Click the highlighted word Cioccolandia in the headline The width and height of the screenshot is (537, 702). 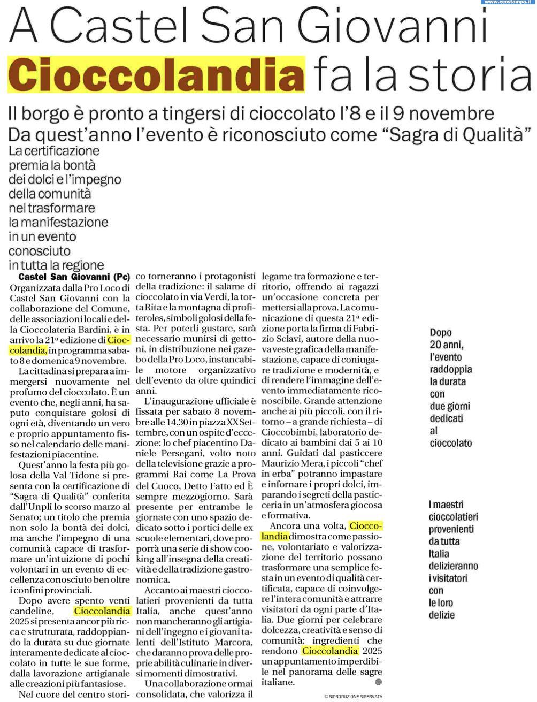[x=156, y=74]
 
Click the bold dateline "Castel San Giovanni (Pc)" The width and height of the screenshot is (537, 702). [x=74, y=277]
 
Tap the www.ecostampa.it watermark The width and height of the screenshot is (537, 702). [x=509, y=3]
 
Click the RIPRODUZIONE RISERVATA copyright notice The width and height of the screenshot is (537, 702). [x=353, y=696]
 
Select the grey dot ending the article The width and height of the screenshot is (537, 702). [x=379, y=682]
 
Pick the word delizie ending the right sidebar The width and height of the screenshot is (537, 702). [x=441, y=615]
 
